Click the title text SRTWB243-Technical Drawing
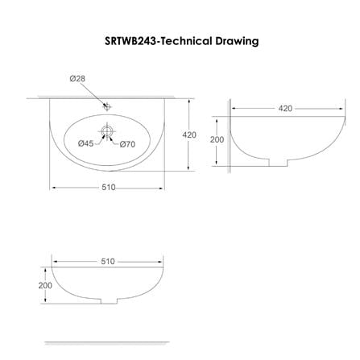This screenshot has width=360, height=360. coord(181,40)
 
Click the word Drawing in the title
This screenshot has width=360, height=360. coord(237,40)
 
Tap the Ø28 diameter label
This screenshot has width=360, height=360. coord(77,78)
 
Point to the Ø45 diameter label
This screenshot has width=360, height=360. coord(85,143)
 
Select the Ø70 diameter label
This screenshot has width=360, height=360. coord(127,145)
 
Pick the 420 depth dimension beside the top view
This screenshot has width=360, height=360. coord(189,135)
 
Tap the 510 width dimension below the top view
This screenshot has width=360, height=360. coord(108,188)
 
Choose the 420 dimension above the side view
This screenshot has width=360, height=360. coord(285,108)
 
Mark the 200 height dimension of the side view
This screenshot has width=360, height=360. coord(217,139)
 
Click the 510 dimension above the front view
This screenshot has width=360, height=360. coord(108,261)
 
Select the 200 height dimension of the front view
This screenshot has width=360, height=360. coord(45,286)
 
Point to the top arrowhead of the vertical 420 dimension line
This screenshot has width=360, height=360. coord(189,102)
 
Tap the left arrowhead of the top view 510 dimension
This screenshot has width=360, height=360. coord(55,189)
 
